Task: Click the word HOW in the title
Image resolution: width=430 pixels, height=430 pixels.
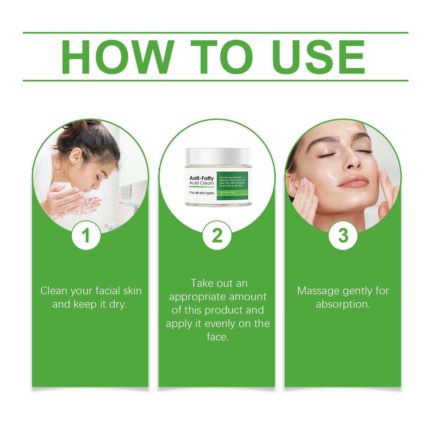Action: coord(117,57)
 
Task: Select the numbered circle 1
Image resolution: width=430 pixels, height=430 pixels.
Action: coord(86,235)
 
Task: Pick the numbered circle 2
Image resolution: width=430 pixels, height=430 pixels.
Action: coord(217,235)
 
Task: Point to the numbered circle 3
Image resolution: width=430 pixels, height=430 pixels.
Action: coord(343,235)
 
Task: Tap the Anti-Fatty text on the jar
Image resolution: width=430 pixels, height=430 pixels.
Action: coord(202,178)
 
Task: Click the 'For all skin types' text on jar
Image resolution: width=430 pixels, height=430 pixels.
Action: coord(202,193)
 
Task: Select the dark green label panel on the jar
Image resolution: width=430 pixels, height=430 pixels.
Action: coord(232,185)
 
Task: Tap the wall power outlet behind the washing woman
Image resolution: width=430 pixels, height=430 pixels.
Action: coord(125,191)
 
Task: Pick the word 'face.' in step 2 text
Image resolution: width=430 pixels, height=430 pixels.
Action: coord(218,337)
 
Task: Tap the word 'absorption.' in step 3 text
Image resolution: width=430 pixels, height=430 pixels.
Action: coord(343,304)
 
